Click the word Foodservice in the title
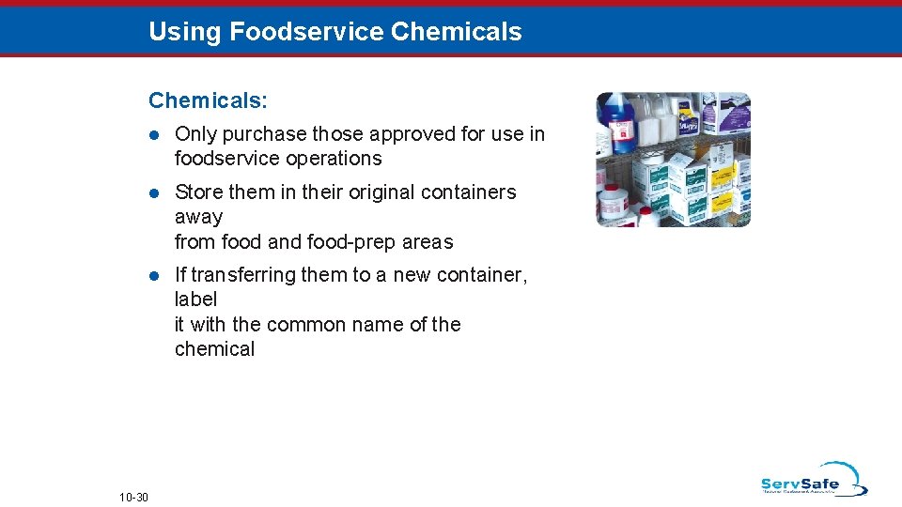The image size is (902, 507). point(305,32)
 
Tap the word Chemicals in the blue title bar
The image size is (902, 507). point(456,32)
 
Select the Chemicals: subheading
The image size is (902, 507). point(208,100)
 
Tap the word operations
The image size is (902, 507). point(334,159)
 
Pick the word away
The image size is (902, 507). point(198,217)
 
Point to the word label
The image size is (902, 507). point(195,300)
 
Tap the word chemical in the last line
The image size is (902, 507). point(214,349)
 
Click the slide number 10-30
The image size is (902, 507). point(133,497)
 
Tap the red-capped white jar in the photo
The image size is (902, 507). point(614,202)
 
